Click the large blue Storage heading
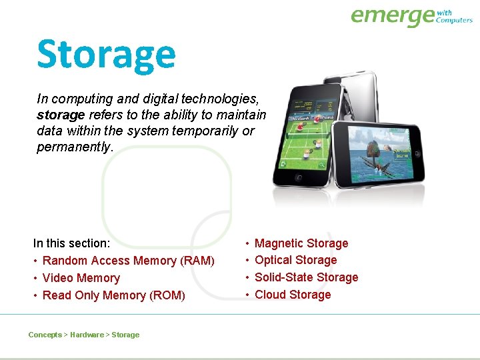[x=106, y=55]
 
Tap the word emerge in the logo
[x=392, y=16]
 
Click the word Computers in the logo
[x=454, y=20]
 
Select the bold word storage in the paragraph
[x=61, y=115]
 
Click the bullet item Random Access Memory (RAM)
[x=128, y=261]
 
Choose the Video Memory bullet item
[x=81, y=278]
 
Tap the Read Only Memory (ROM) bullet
[x=113, y=295]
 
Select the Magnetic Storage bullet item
[x=301, y=243]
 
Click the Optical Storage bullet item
[x=295, y=260]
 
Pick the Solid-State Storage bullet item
[x=306, y=277]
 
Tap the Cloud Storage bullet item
[x=293, y=295]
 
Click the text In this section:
[x=72, y=243]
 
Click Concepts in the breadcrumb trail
[x=45, y=335]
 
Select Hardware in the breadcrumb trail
[x=87, y=335]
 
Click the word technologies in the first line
[x=216, y=99]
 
